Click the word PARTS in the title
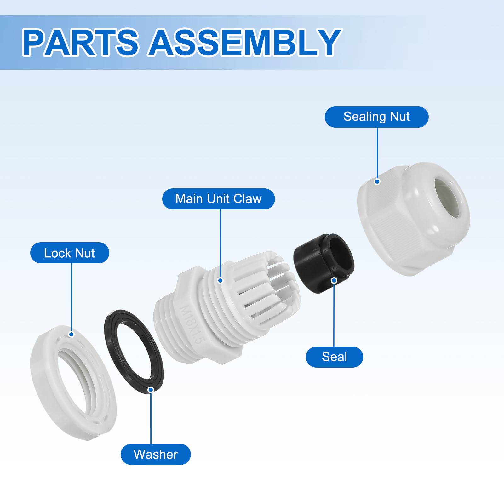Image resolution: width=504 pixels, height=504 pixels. [80, 42]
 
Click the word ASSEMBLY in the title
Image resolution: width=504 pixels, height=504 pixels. [245, 42]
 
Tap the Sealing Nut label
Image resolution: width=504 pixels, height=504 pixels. [376, 117]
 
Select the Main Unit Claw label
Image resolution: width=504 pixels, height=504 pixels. [218, 199]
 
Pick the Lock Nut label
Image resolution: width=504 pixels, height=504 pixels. [70, 253]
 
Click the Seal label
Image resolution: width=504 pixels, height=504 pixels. [334, 357]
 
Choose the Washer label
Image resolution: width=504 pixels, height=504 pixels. [156, 454]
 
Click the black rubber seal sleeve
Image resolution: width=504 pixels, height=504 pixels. [324, 263]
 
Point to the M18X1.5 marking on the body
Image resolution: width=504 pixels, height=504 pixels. [192, 324]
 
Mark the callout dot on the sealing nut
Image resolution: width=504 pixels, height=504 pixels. [377, 181]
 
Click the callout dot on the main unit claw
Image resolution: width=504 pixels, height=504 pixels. [220, 280]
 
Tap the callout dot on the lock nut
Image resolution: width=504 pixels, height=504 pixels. [71, 334]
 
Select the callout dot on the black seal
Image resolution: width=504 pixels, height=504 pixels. [334, 280]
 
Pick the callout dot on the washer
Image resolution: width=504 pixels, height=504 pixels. [151, 390]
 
